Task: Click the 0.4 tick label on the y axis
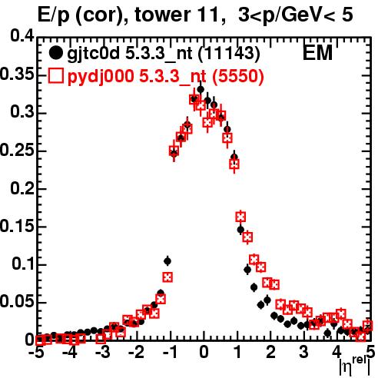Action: (22, 36)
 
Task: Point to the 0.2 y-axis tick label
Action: (22, 188)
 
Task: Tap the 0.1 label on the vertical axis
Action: (23, 264)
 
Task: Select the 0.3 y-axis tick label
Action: (22, 112)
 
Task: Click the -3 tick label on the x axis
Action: (103, 352)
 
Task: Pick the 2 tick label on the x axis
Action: (270, 352)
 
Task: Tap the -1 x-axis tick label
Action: (170, 352)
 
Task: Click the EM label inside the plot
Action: (317, 52)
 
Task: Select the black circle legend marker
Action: (55, 53)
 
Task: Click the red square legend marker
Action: (55, 76)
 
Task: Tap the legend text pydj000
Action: (101, 77)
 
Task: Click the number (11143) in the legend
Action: (230, 54)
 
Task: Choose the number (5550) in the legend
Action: (238, 76)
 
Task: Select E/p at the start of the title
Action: (54, 16)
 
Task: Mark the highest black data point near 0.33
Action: (201, 89)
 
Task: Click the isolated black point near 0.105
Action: (167, 261)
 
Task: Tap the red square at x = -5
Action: (39, 340)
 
